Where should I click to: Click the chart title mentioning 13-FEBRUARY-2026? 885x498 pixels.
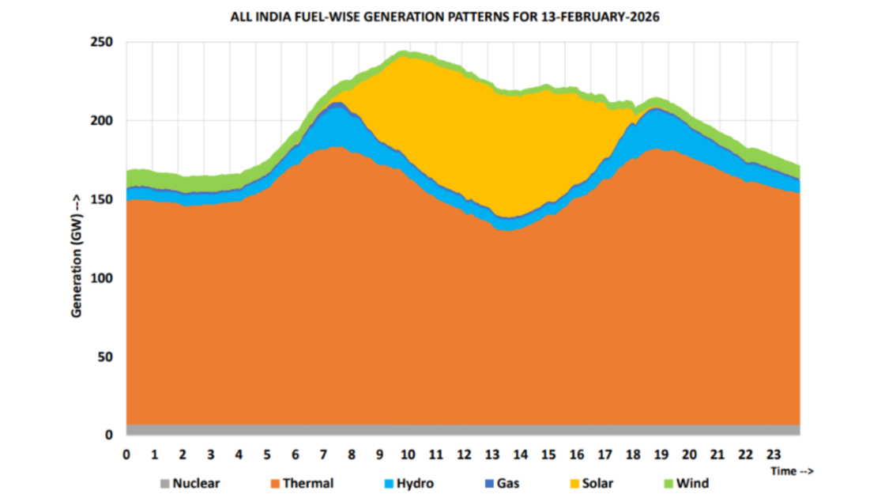pyautogui.click(x=443, y=16)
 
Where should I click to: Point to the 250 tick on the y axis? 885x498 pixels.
pyautogui.click(x=103, y=42)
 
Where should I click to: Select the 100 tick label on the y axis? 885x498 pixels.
pyautogui.click(x=103, y=278)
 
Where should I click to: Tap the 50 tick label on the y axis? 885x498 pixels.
pyautogui.click(x=106, y=357)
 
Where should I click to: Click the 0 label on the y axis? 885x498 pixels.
pyautogui.click(x=109, y=435)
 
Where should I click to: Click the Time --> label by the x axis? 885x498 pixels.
pyautogui.click(x=793, y=470)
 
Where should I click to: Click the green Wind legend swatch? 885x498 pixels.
pyautogui.click(x=668, y=483)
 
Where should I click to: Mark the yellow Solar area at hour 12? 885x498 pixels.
pyautogui.click(x=464, y=142)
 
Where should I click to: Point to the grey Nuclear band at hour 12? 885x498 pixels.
pyautogui.click(x=464, y=429)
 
